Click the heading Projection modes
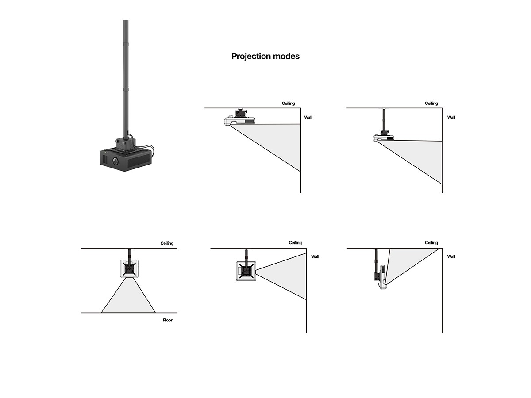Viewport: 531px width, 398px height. (265, 56)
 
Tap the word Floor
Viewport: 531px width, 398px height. (167, 320)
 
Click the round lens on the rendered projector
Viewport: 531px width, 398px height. (115, 161)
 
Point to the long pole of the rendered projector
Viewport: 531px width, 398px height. (126, 75)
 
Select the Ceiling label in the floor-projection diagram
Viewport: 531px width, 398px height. (167, 243)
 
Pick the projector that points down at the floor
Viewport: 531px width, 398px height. (129, 268)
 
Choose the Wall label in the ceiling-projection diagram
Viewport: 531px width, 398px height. (451, 256)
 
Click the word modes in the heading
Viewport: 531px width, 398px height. (285, 56)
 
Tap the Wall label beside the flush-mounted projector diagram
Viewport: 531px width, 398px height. (308, 117)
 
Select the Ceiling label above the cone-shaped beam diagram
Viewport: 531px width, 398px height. (295, 243)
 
